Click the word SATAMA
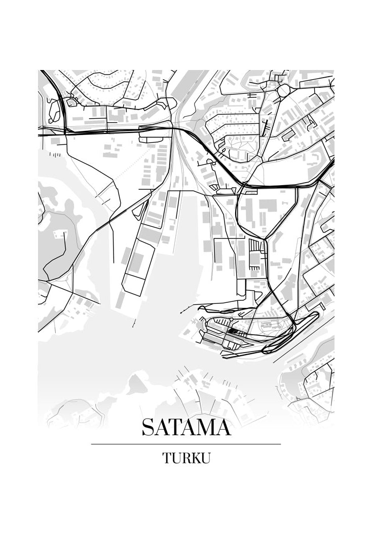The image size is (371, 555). click(186, 427)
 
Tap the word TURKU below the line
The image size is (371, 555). click(186, 458)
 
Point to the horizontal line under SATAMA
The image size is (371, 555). click(186, 444)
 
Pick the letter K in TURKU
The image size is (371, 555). click(194, 458)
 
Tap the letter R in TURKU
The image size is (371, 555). click(184, 458)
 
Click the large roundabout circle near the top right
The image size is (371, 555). click(283, 91)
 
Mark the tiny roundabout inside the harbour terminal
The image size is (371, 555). click(231, 319)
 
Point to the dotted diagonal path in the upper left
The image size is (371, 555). click(129, 168)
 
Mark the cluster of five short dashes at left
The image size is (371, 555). click(57, 154)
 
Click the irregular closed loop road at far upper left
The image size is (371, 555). click(54, 111)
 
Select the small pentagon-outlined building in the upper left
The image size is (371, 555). click(71, 102)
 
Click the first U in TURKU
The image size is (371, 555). click(175, 458)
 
